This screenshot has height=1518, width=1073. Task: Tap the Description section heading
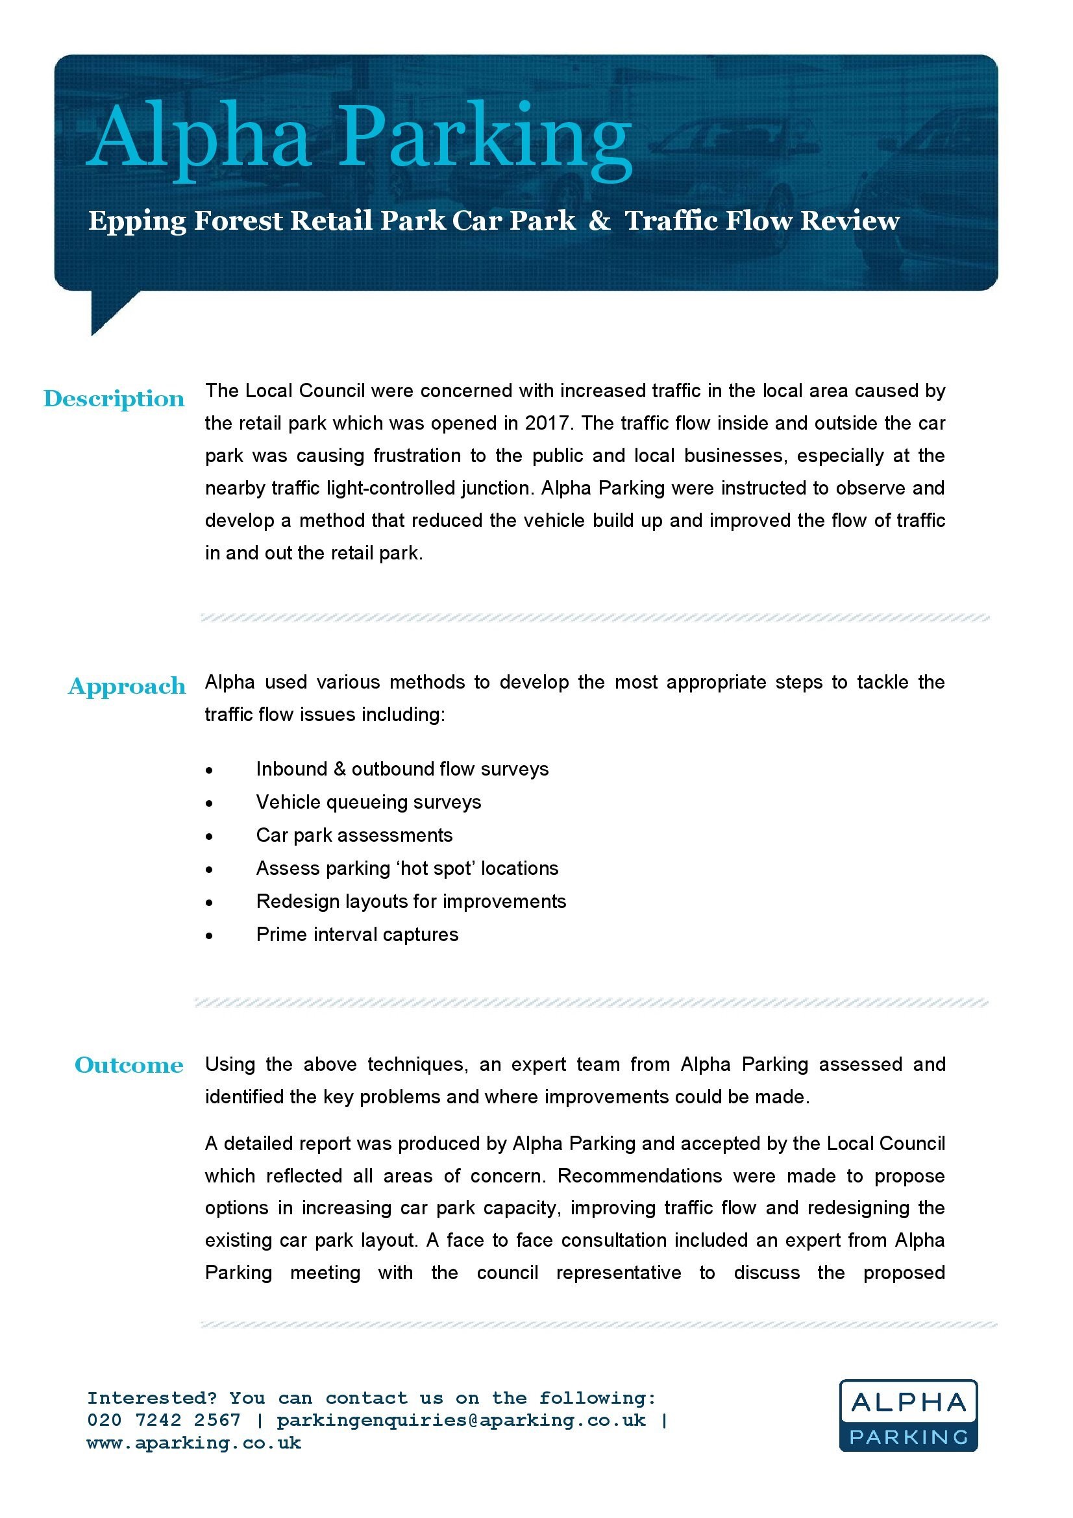114,399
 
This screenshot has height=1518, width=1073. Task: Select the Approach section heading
127,686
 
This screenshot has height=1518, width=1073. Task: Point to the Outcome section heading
129,1065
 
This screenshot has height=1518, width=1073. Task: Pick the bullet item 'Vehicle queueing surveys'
368,802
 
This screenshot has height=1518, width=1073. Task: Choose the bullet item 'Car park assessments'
354,835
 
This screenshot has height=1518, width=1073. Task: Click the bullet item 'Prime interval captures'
357,934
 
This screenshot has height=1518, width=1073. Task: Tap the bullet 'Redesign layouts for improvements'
411,901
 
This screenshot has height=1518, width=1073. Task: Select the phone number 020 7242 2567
164,1419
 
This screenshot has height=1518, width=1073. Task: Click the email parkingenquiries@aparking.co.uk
461,1419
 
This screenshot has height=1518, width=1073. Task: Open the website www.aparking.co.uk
193,1442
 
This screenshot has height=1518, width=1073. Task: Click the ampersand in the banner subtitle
599,220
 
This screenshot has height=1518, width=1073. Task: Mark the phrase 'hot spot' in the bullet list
436,868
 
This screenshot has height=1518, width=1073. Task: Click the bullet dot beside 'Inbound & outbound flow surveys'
209,770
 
